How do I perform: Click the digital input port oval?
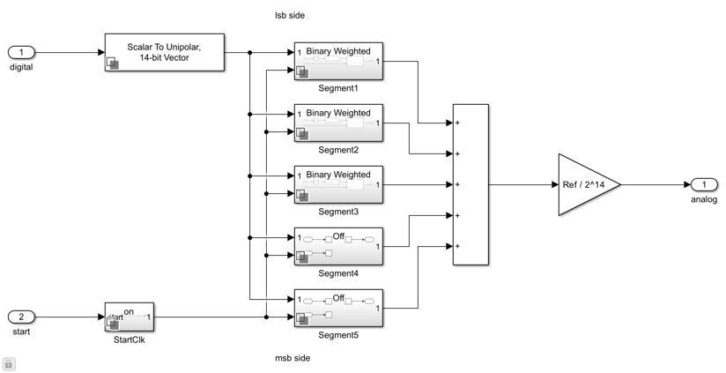click(21, 53)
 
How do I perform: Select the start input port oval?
click(21, 317)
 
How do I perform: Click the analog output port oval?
click(704, 184)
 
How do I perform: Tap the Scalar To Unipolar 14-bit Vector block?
click(164, 52)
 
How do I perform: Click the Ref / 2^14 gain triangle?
click(584, 184)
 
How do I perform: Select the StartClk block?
click(130, 317)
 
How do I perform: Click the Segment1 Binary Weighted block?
click(338, 61)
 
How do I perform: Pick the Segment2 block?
click(338, 123)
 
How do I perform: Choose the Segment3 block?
click(338, 184)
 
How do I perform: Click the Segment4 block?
click(338, 246)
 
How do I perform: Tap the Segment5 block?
click(338, 308)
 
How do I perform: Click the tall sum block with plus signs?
click(470, 184)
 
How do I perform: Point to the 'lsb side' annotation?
click(290, 15)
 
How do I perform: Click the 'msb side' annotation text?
click(293, 358)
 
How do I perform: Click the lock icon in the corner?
click(9, 363)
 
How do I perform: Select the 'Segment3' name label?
click(338, 212)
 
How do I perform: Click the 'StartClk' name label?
click(130, 339)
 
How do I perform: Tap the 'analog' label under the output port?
click(704, 199)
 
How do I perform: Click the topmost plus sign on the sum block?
click(458, 123)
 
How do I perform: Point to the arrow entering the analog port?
click(686, 184)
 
